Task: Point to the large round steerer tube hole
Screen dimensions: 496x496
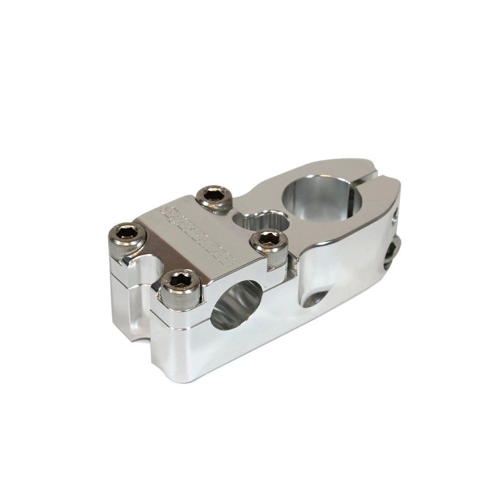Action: [x=321, y=197]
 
